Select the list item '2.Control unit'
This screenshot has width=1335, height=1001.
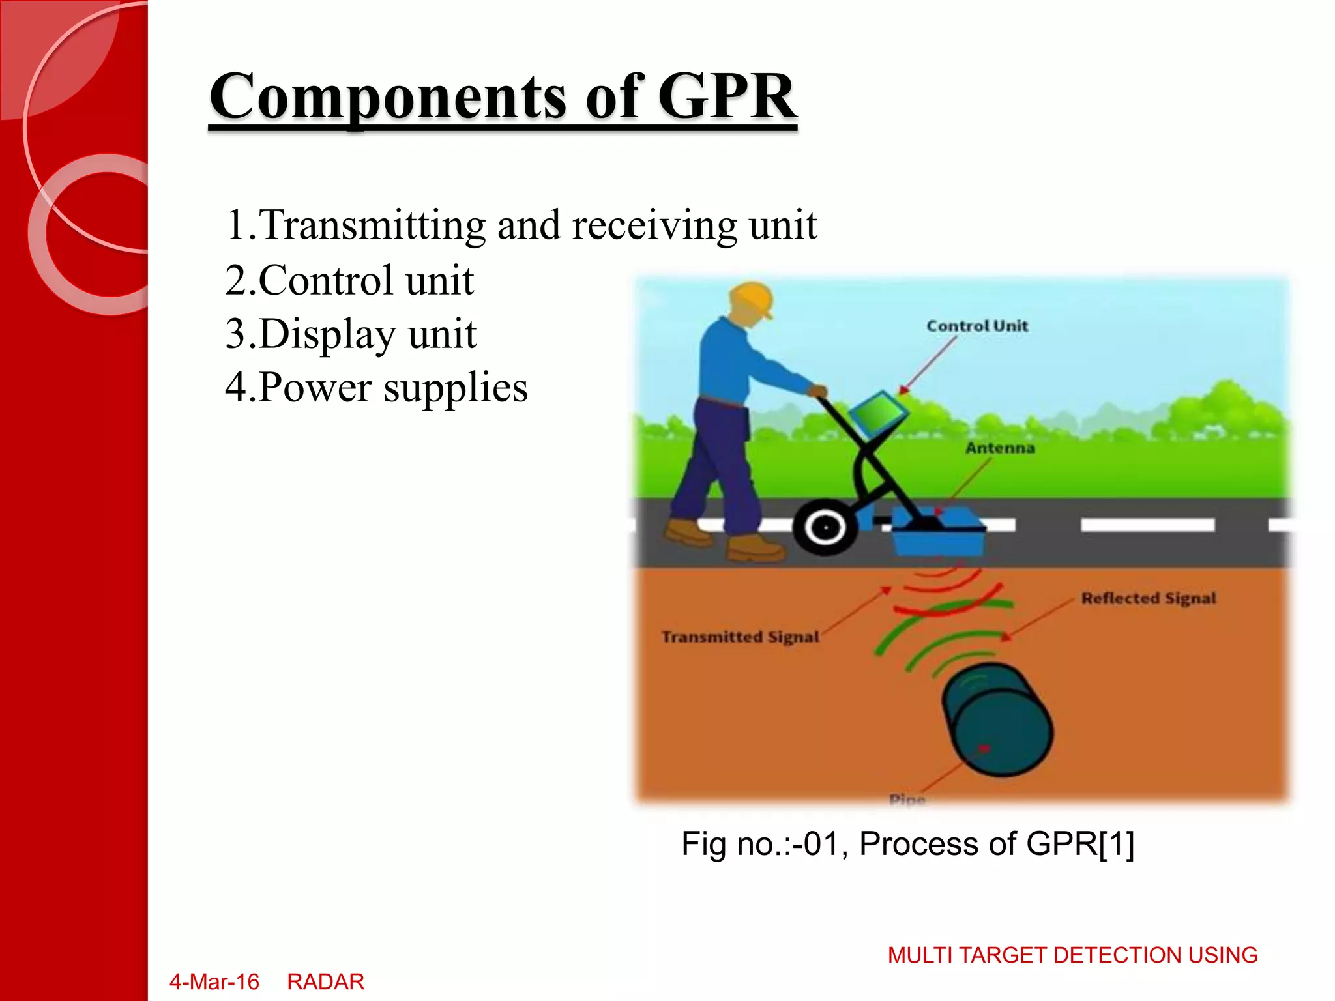349,280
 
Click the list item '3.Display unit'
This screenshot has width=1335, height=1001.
350,334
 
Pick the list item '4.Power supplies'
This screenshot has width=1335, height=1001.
376,388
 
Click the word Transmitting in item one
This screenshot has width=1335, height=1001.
373,225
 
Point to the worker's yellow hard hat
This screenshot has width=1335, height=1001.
753,297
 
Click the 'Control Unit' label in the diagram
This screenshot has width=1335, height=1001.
976,326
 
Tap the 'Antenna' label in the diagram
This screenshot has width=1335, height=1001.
999,448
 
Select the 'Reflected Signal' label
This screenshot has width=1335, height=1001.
1148,598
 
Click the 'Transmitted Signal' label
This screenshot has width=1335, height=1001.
740,637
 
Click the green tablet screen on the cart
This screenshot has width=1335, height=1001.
878,412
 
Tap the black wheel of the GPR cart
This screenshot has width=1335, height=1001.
825,527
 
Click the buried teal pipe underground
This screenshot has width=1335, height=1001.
997,719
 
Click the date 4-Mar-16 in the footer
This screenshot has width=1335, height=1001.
214,981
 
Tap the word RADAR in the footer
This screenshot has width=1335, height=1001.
325,981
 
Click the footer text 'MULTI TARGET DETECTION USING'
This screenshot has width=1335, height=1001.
1072,955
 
